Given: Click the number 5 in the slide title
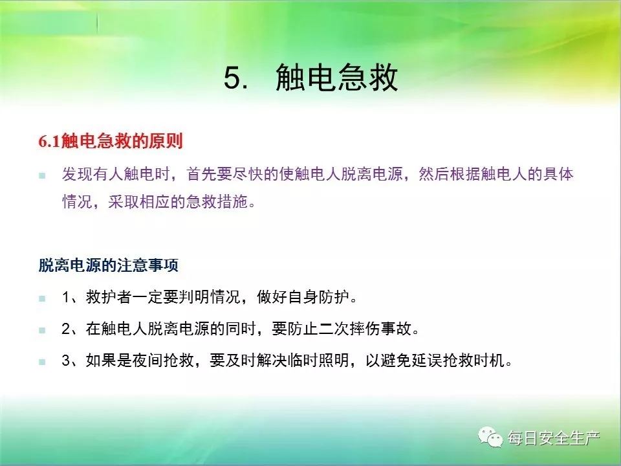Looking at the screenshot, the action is [233, 78].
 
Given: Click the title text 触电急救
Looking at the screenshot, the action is [336, 77].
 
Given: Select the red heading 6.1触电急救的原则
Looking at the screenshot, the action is [111, 141].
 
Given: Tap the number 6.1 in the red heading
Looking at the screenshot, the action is [49, 142].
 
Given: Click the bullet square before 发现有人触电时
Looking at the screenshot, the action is [42, 175].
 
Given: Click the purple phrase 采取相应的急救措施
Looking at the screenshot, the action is [178, 202].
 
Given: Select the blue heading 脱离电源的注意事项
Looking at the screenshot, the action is [108, 265].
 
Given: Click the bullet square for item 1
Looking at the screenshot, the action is [42, 298].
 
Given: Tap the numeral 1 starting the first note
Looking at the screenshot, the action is [66, 297].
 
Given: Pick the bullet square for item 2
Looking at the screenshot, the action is [42, 330].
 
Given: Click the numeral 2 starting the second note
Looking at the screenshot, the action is [66, 329].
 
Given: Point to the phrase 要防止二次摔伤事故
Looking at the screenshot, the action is [342, 329].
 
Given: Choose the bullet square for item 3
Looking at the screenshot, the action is [42, 362].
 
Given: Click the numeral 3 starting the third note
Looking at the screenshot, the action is [66, 361].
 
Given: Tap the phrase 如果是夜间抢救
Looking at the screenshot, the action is [140, 361].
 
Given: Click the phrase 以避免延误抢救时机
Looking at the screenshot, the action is [435, 361].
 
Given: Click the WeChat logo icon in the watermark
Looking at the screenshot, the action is [490, 437].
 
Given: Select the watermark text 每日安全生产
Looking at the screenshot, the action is [554, 438].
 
